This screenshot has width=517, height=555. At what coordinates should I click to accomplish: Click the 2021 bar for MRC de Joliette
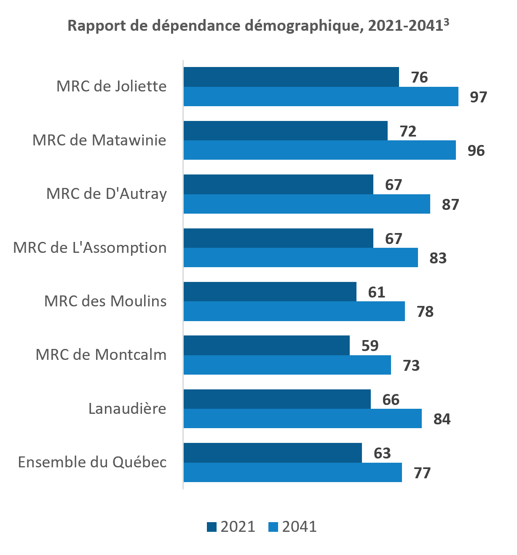click(291, 77)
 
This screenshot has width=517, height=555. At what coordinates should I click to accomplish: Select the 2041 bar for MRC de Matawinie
click(319, 150)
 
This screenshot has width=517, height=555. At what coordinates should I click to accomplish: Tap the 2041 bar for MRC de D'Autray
click(307, 204)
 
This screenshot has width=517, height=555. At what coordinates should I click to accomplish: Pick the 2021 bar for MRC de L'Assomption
click(278, 238)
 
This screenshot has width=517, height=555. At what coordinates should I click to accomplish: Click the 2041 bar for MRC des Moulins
click(294, 311)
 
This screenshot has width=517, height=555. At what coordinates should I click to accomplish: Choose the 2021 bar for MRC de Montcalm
click(266, 346)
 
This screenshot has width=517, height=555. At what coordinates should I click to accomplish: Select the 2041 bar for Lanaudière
click(303, 418)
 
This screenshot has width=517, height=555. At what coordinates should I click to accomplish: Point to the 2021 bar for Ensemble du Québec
click(273, 453)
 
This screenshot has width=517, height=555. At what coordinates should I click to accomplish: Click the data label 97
click(478, 97)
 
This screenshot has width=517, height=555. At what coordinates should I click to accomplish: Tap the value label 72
click(408, 131)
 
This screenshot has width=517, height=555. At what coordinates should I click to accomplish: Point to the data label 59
click(370, 346)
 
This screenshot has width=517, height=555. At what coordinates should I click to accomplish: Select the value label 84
click(442, 419)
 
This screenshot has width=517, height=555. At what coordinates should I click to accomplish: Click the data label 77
click(422, 473)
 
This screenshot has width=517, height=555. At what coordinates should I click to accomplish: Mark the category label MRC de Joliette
click(112, 86)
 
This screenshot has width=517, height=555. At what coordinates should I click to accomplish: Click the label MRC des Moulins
click(105, 301)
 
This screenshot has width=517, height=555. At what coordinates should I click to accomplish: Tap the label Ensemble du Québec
click(92, 462)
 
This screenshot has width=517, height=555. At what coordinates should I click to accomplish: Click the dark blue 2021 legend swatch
click(212, 527)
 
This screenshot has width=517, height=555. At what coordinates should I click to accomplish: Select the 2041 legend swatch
click(273, 527)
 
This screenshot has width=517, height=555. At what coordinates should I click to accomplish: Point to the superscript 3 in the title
click(446, 22)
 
